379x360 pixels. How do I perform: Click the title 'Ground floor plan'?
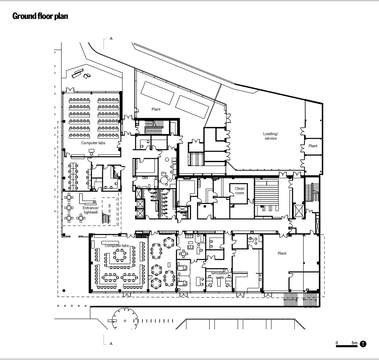tap(40, 16)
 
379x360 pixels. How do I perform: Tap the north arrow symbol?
tap(363, 344)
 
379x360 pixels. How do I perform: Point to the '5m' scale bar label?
tap(354, 343)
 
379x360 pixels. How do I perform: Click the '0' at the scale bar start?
tap(337, 343)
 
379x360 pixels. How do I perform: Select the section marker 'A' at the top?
tap(111, 39)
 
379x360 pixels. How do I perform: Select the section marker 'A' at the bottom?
tap(111, 343)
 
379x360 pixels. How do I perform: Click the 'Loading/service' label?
tap(270, 136)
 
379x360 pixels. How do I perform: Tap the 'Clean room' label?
tap(239, 191)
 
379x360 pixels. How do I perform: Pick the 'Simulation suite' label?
tap(220, 275)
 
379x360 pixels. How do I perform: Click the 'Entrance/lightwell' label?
tap(90, 210)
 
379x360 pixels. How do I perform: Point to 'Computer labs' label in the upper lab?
tap(93, 143)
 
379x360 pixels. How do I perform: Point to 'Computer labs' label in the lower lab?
tap(117, 246)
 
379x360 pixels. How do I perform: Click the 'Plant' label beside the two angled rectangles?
tap(156, 109)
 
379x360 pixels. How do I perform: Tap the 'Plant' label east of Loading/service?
tap(313, 146)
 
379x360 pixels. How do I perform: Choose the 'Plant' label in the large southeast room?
tap(282, 253)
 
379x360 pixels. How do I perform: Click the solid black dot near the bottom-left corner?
tap(64, 290)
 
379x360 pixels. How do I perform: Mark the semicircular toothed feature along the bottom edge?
tap(124, 318)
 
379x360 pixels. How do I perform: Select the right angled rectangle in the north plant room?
tap(192, 107)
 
